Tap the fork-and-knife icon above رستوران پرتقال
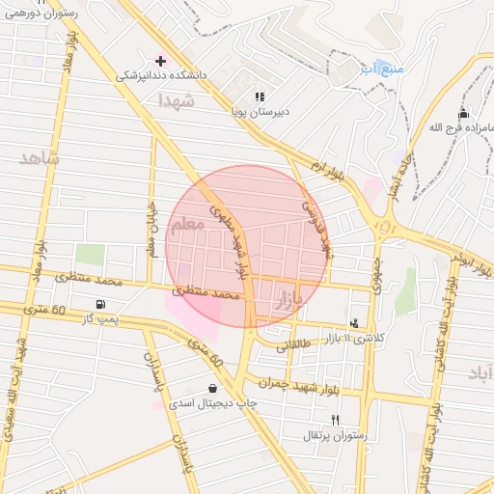click(x=335, y=420)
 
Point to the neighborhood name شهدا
click(x=178, y=99)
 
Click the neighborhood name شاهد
click(x=38, y=156)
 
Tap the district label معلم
click(x=186, y=224)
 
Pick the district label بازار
click(x=289, y=298)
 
